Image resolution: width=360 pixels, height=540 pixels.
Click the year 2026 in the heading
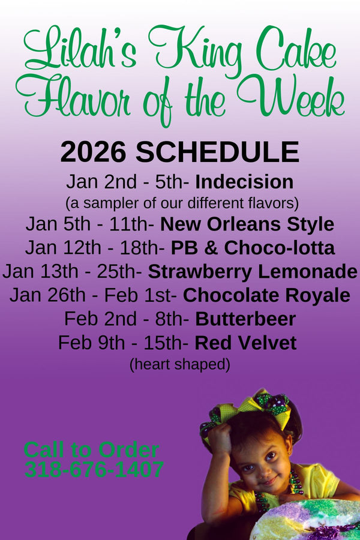94,152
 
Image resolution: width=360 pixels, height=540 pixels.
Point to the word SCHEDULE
217,152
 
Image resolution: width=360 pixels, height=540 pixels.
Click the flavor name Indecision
244,182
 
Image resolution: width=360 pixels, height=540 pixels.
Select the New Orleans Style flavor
247,224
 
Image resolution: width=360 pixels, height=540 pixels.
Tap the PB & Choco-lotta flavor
253,247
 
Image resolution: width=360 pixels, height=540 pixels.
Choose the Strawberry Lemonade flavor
253,271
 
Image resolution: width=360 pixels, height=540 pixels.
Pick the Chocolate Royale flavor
266,295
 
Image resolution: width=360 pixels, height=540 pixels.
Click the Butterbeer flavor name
245,319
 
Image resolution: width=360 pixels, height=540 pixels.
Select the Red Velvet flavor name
245,343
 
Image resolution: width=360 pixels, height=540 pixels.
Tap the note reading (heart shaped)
179,364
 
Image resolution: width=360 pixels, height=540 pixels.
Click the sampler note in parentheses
182,200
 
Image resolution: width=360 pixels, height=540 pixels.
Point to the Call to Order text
91,449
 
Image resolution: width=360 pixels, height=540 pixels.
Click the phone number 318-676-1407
94,470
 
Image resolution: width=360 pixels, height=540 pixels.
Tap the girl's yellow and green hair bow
252,408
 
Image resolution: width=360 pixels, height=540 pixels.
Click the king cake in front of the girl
306,520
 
